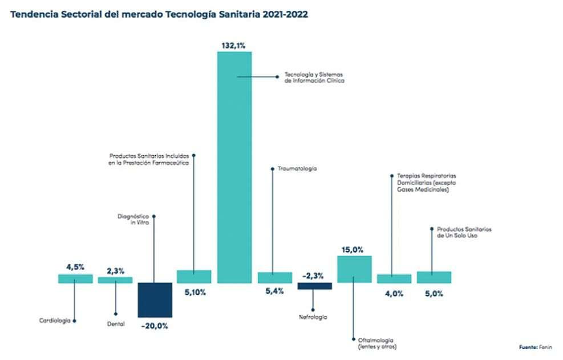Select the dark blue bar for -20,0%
click(x=155, y=300)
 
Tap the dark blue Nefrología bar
click(x=314, y=286)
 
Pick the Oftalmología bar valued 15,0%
click(x=354, y=269)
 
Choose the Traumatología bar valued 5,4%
click(x=274, y=277)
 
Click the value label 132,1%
click(x=234, y=45)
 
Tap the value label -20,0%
click(x=155, y=326)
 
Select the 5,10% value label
click(x=194, y=293)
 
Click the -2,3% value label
click(x=314, y=276)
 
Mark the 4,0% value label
click(x=394, y=293)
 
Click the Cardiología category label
click(x=55, y=321)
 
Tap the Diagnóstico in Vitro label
click(x=133, y=219)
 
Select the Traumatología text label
click(x=297, y=169)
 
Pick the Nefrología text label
click(x=313, y=317)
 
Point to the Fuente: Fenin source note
click(x=536, y=347)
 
